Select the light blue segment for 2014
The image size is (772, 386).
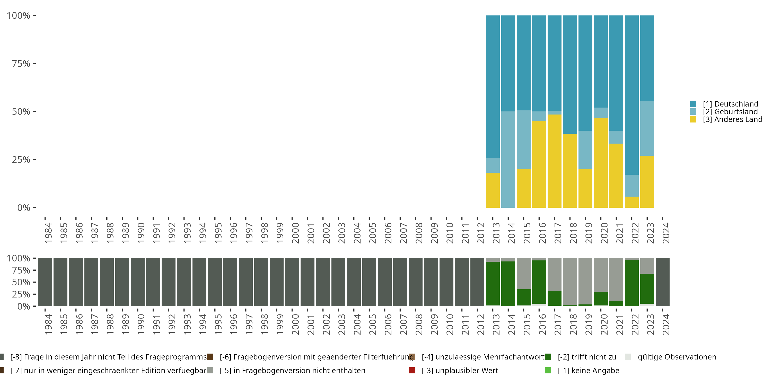(x=508, y=160)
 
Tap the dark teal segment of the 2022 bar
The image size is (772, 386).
(x=631, y=95)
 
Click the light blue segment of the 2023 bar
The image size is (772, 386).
(x=647, y=128)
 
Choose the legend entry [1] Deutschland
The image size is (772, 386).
(x=730, y=104)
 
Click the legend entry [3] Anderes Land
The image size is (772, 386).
(x=732, y=120)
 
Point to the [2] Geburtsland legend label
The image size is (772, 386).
(x=730, y=112)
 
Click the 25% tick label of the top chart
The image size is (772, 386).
(x=21, y=160)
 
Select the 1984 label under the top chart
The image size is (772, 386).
(x=48, y=233)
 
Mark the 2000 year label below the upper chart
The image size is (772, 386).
(x=295, y=233)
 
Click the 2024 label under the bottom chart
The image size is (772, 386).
(x=666, y=324)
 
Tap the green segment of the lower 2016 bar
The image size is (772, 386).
(x=539, y=282)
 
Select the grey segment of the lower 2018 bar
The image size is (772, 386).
(x=570, y=281)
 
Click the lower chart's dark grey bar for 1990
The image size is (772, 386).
(x=138, y=282)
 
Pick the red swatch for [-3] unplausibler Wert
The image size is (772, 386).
(x=412, y=370)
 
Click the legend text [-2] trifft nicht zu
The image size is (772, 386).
(x=587, y=357)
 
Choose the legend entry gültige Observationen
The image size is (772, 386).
(x=677, y=357)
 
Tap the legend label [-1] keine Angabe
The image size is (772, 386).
(x=588, y=370)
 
